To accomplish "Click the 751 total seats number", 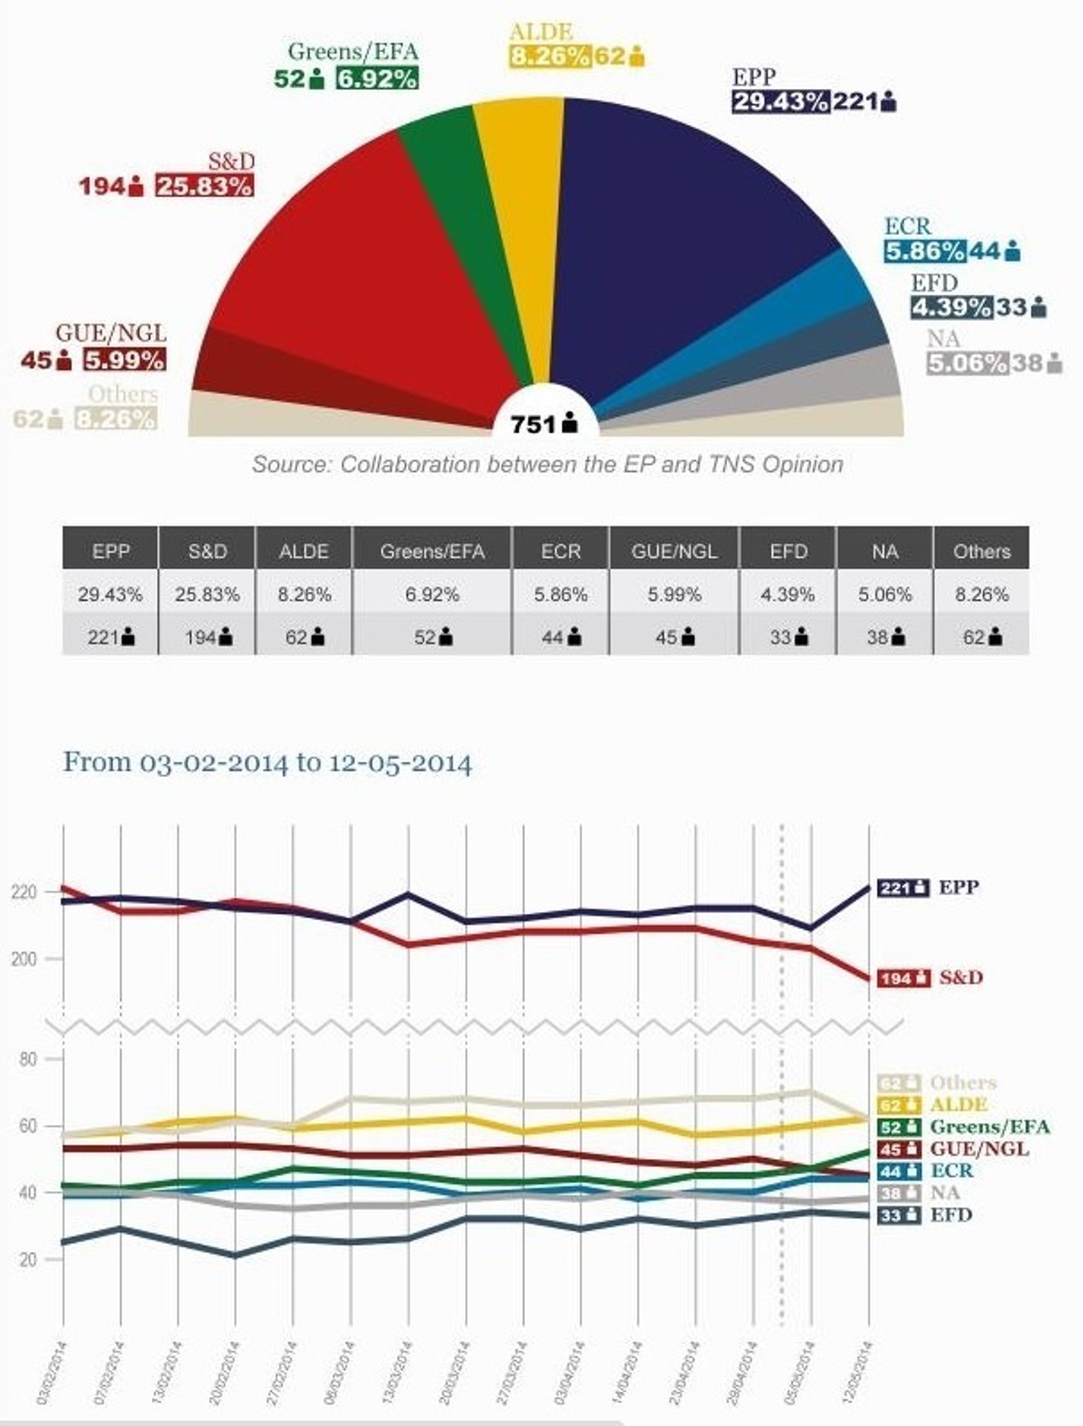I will coord(533,425).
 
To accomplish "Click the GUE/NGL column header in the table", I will coord(674,552).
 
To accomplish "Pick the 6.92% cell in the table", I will coord(432,594).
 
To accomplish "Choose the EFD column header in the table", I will coord(788,552).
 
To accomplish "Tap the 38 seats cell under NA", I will coord(884,638).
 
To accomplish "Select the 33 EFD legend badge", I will coord(899,1216).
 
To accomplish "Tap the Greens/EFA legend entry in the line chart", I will coord(989,1127).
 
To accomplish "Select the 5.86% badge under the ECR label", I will coord(924,251).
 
